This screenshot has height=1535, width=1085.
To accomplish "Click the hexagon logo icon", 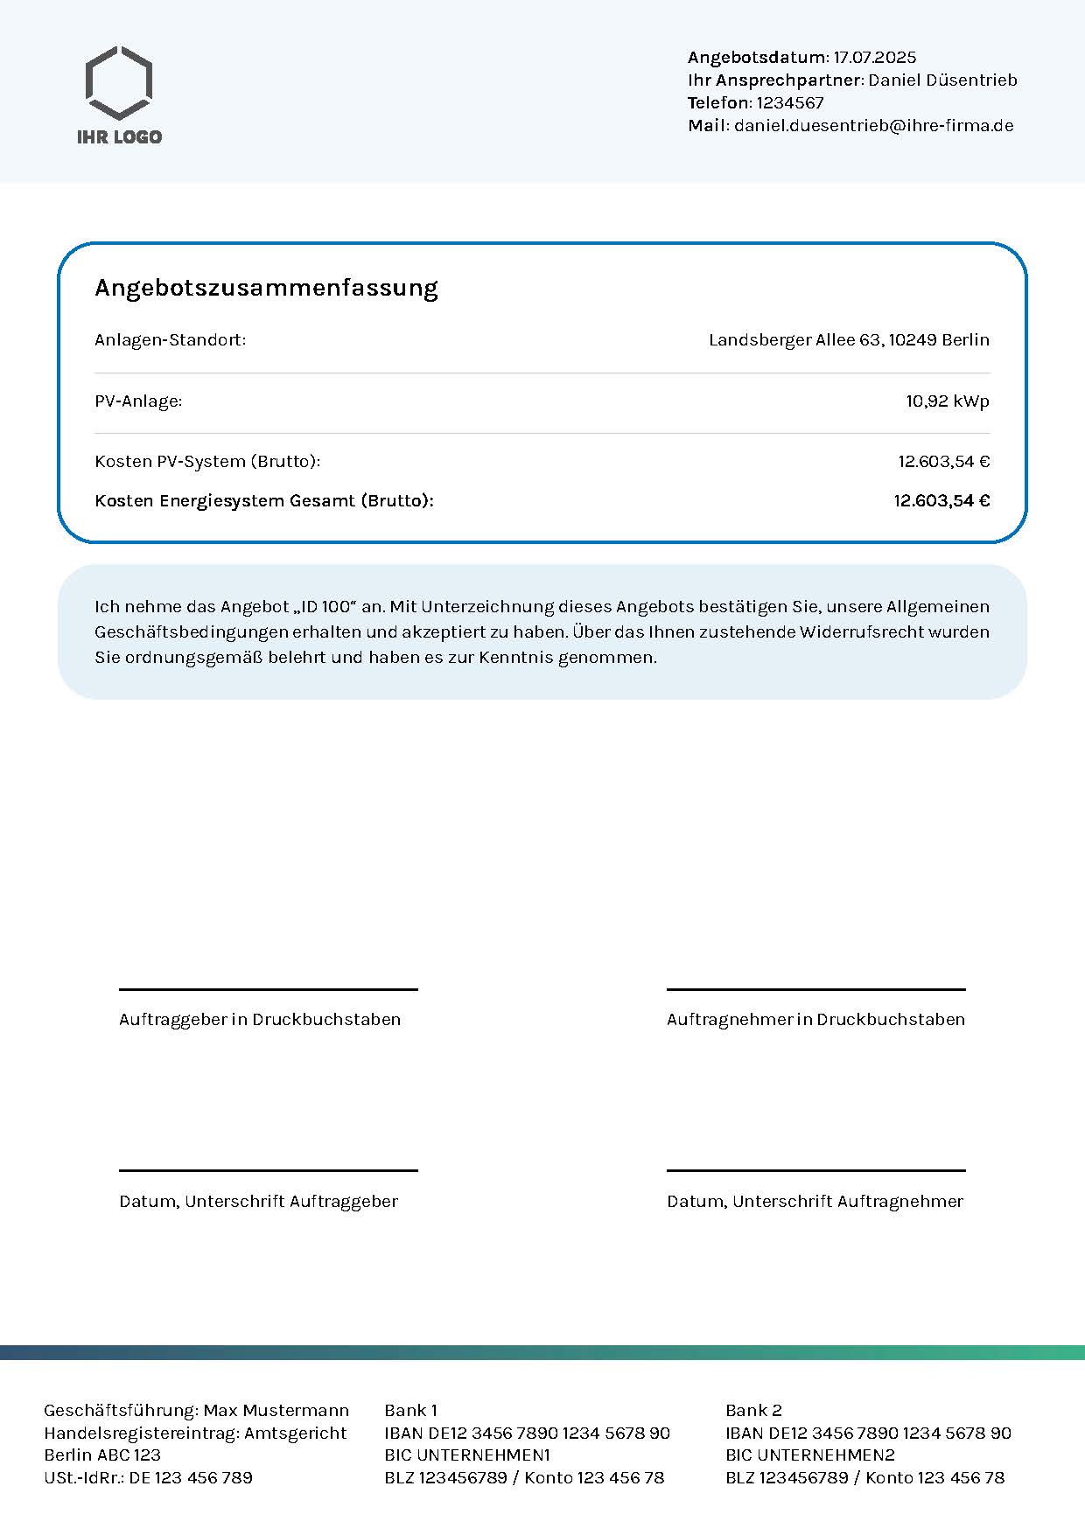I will (119, 83).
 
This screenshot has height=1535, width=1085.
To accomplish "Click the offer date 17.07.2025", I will (874, 58).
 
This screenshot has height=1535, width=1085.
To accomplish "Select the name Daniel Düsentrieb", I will (942, 80).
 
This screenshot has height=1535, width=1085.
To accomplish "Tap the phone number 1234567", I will (790, 103).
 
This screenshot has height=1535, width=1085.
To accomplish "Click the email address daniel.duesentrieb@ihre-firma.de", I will (873, 126).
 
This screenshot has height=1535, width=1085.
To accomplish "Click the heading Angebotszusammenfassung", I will (266, 288).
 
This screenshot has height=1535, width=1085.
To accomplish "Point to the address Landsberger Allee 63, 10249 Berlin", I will (849, 340).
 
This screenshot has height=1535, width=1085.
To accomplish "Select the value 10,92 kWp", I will (947, 401).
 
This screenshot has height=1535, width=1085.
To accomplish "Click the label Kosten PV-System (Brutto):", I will (207, 462).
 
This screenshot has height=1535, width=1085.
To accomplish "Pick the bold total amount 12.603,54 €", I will (941, 501).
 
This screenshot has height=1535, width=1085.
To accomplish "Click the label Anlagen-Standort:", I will (171, 340).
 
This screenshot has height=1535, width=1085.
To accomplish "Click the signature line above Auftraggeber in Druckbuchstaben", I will (268, 989).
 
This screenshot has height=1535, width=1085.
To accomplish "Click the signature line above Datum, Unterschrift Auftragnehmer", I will (815, 1170).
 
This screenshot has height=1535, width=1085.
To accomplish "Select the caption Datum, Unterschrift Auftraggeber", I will (258, 1202).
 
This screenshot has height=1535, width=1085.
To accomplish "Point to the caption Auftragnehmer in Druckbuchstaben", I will (815, 1020).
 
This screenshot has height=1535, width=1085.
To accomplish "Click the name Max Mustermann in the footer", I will (276, 1411).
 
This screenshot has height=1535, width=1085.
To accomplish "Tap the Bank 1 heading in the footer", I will (410, 1411).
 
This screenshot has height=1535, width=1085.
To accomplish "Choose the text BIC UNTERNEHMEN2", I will (809, 1455).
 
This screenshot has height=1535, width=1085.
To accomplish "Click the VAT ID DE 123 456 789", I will (190, 1478).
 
